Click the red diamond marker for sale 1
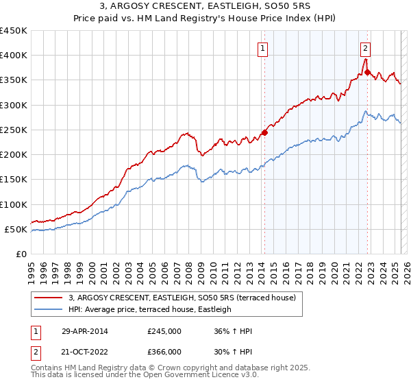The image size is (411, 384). pyautogui.click(x=264, y=133)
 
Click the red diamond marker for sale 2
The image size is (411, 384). pyautogui.click(x=368, y=72)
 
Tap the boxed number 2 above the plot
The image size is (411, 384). pyautogui.click(x=366, y=48)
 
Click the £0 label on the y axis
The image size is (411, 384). pyautogui.click(x=21, y=254)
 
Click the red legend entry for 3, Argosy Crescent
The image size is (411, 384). pyautogui.click(x=182, y=298)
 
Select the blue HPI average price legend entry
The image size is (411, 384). pyautogui.click(x=150, y=309)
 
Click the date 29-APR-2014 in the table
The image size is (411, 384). pyautogui.click(x=85, y=331)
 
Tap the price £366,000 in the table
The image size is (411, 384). pyautogui.click(x=164, y=351)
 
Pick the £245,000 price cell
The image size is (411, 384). pyautogui.click(x=164, y=331)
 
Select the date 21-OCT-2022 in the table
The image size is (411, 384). pyautogui.click(x=85, y=351)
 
